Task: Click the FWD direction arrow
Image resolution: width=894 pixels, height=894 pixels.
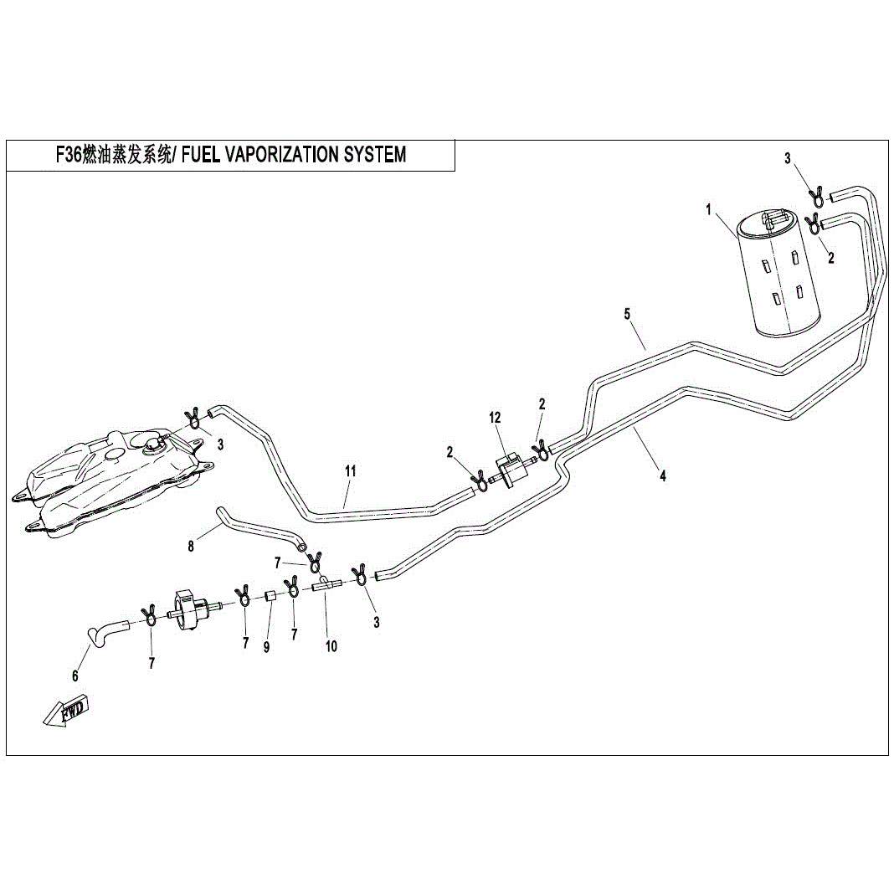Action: [x=66, y=711]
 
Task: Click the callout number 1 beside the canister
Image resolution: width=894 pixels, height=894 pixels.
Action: [x=709, y=210]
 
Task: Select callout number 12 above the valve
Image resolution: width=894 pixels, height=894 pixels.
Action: [x=495, y=418]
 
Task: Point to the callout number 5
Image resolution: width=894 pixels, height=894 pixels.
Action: [x=627, y=314]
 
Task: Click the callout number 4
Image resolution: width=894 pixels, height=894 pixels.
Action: [x=662, y=475]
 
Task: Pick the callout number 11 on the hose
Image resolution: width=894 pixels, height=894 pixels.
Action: [x=350, y=471]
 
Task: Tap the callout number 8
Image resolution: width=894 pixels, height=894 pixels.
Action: [x=191, y=547]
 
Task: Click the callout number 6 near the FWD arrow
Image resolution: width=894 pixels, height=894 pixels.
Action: [x=75, y=676]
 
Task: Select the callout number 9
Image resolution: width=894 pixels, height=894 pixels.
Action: [x=266, y=648]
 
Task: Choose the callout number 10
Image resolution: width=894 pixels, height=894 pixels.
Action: [x=331, y=646]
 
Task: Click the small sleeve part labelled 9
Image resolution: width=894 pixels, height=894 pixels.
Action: [x=271, y=596]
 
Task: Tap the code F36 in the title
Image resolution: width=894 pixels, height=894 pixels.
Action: [x=69, y=155]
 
